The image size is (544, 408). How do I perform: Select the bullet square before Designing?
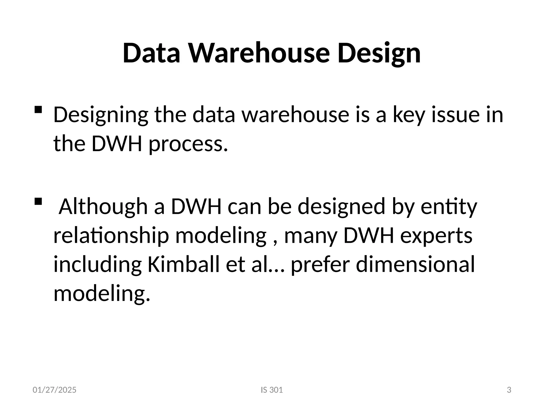pyautogui.click(x=38, y=109)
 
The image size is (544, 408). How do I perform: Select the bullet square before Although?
pyautogui.click(x=38, y=202)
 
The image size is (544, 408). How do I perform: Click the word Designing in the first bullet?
pyautogui.click(x=101, y=115)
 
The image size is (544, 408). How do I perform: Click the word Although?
pyautogui.click(x=103, y=207)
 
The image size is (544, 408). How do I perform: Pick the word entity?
pyautogui.click(x=449, y=207)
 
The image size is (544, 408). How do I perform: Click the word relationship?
pyautogui.click(x=111, y=236)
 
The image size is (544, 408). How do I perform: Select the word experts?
pyautogui.click(x=436, y=236)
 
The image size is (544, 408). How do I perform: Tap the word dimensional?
pyautogui.click(x=415, y=265)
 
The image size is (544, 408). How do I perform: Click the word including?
pyautogui.click(x=97, y=265)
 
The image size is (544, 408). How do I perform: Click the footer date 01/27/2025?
pyautogui.click(x=54, y=390)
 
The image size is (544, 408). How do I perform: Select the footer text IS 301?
pyautogui.click(x=272, y=390)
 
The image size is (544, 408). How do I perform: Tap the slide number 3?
pyautogui.click(x=509, y=390)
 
